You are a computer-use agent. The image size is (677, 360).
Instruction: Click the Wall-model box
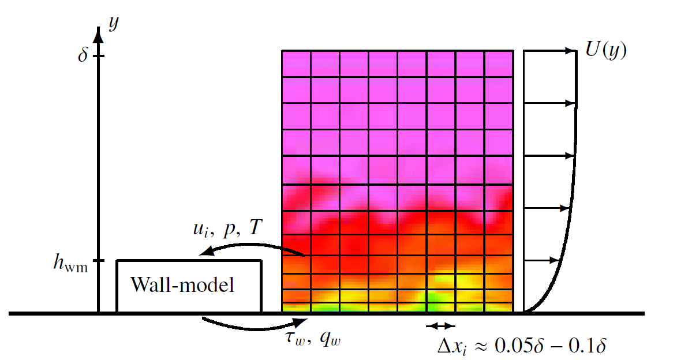point(189,286)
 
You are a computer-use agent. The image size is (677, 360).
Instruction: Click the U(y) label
point(605,50)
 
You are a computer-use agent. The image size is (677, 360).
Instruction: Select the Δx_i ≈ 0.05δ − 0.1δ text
point(521,346)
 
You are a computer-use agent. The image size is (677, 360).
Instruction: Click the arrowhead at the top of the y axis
point(99,34)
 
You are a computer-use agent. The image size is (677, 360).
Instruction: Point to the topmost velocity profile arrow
point(551,51)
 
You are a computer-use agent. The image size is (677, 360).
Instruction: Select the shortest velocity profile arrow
point(543,261)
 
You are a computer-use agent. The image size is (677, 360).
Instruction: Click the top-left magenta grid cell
point(297,64)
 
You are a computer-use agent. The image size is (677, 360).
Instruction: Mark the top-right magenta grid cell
point(499,64)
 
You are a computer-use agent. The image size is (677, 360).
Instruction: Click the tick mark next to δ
point(99,56)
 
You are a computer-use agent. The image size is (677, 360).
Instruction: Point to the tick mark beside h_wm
point(99,261)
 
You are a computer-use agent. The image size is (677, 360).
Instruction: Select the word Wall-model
point(183,285)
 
